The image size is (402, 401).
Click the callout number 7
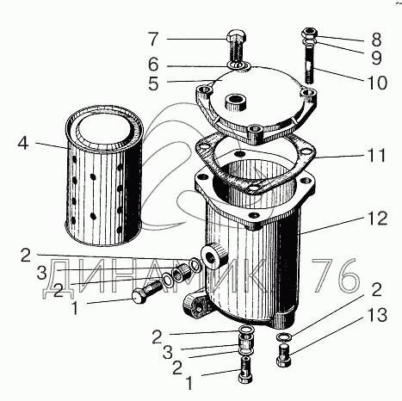tap(153, 40)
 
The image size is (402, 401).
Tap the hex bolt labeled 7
tap(235, 47)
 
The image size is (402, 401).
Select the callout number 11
tap(375, 155)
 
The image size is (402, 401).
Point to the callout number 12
tap(376, 219)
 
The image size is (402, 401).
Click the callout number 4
tap(23, 143)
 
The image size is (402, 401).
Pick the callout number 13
tap(376, 315)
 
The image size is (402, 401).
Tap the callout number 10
tap(376, 83)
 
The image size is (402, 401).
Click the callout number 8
tap(376, 40)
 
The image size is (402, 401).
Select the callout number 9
tap(376, 58)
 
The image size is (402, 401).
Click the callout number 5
tap(153, 83)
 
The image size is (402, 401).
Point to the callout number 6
tap(153, 65)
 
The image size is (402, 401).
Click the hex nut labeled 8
tap(309, 33)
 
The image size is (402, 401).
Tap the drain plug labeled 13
tap(284, 356)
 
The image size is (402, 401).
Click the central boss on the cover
tap(235, 102)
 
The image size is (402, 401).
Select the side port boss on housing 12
tap(214, 256)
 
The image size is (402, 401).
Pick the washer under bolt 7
tap(239, 66)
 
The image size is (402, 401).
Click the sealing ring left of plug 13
tap(284, 336)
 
